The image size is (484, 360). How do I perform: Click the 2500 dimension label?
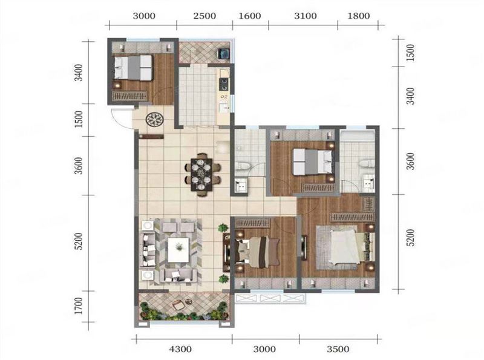[204, 16]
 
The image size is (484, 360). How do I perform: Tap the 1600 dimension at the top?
[250, 16]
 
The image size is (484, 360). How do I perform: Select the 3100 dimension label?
[306, 16]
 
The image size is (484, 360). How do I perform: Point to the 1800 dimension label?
[359, 16]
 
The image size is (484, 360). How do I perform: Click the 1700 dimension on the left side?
[79, 306]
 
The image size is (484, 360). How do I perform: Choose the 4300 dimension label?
[180, 349]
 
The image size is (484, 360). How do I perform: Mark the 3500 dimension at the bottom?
[338, 349]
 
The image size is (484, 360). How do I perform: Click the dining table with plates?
[201, 174]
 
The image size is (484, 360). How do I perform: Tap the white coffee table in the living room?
[178, 250]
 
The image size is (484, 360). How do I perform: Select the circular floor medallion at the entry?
[154, 119]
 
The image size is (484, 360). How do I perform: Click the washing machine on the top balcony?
[223, 53]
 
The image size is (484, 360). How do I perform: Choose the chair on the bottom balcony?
[178, 306]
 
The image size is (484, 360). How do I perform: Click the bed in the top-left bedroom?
[133, 68]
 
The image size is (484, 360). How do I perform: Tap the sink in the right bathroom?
[368, 182]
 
